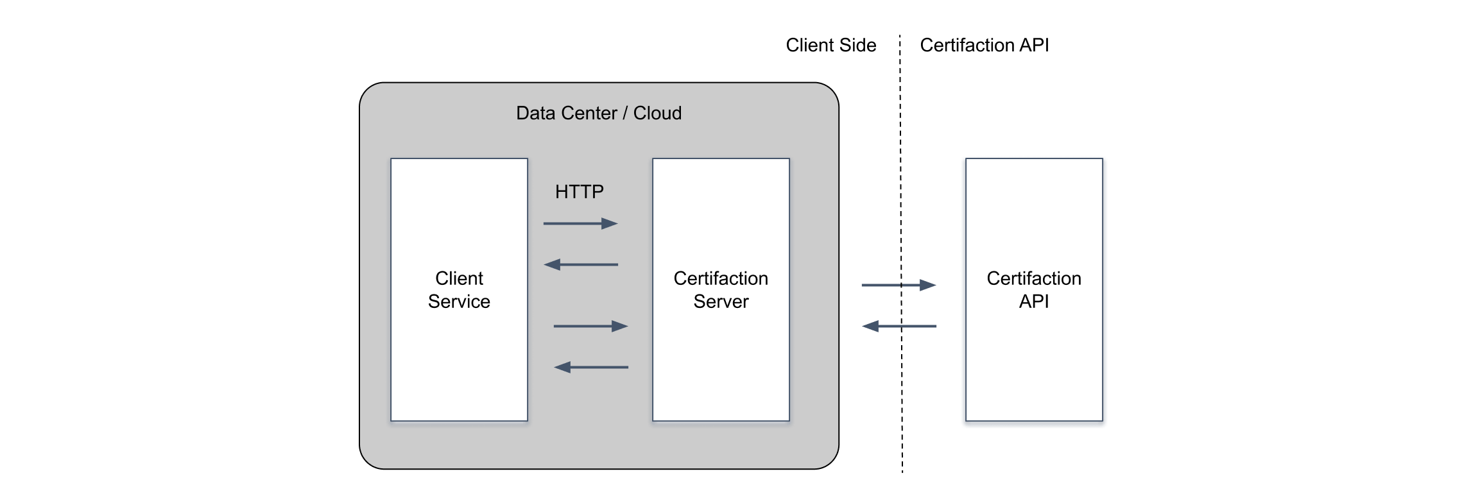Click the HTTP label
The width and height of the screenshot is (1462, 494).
click(579, 192)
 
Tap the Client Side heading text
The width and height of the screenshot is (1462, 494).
click(830, 46)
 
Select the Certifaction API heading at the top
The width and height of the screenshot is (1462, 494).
click(984, 46)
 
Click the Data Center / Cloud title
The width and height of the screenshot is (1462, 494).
click(598, 114)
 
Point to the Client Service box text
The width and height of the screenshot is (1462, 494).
click(459, 290)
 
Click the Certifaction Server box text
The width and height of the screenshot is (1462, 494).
click(721, 290)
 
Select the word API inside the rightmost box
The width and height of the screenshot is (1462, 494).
click(1033, 302)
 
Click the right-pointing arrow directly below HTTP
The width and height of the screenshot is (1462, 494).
click(580, 223)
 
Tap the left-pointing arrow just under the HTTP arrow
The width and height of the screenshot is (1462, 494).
click(580, 264)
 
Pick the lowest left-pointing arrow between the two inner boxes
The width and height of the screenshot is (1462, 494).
click(590, 367)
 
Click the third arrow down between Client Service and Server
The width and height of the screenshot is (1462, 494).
click(590, 326)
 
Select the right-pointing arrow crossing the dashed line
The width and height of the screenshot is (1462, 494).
click(898, 285)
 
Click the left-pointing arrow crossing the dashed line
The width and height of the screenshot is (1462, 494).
click(898, 326)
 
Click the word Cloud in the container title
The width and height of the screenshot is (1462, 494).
click(657, 114)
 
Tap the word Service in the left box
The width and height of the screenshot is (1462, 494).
click(459, 302)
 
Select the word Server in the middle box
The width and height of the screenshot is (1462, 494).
click(721, 302)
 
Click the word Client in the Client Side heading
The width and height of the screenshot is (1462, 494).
click(809, 46)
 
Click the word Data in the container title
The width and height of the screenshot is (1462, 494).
click(534, 114)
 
